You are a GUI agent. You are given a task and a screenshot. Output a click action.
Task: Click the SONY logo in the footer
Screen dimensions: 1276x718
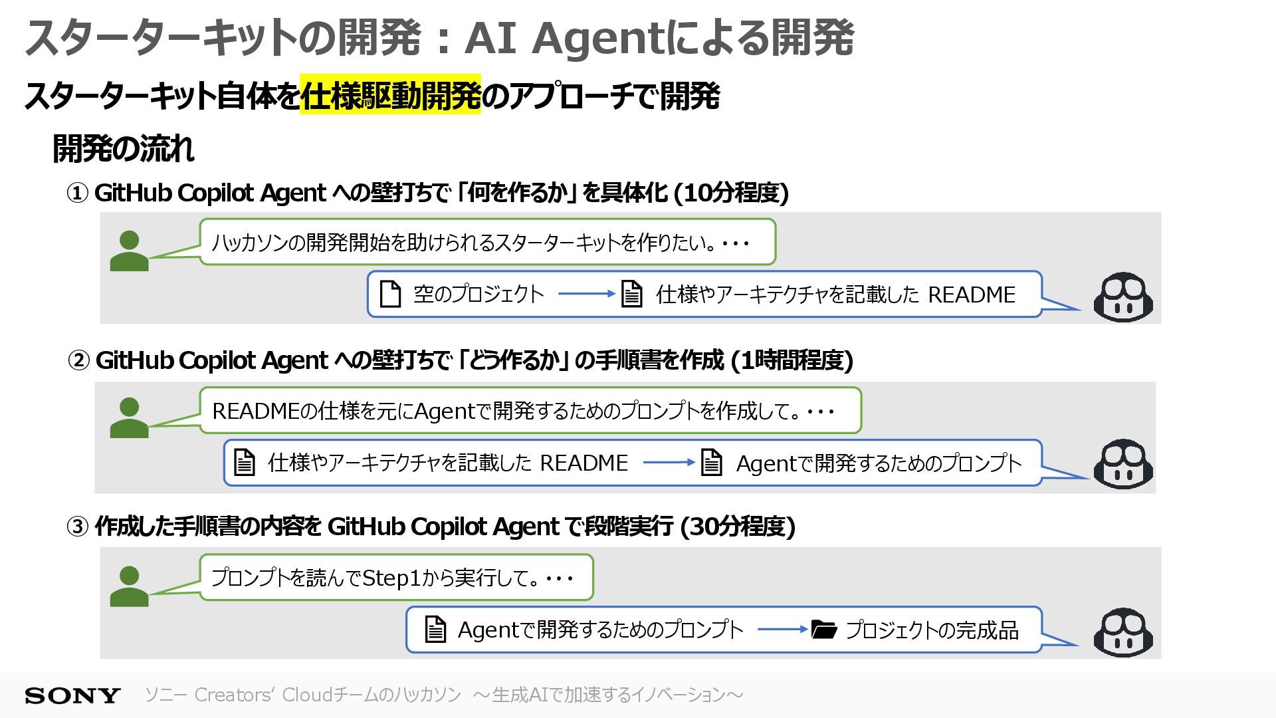(72, 695)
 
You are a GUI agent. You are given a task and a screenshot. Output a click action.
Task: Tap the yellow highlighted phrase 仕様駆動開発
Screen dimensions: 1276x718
(390, 96)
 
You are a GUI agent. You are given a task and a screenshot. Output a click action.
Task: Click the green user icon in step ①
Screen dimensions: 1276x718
(129, 251)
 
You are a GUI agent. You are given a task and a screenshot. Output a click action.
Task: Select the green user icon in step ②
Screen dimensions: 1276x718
(129, 418)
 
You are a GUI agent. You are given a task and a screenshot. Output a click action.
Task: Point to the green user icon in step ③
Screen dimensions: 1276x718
(129, 586)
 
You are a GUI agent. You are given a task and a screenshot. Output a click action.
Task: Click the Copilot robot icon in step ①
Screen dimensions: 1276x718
(1123, 297)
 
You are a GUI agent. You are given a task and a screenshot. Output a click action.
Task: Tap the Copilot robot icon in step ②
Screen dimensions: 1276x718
(1123, 464)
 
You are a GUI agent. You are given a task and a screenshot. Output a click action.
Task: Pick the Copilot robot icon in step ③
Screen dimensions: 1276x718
(1123, 632)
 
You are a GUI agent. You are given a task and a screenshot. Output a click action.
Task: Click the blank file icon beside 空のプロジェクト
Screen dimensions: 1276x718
(390, 294)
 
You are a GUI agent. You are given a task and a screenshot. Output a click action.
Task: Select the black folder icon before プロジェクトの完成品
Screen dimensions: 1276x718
(823, 630)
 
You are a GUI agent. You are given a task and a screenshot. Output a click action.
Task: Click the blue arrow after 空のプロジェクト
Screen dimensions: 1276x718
(586, 294)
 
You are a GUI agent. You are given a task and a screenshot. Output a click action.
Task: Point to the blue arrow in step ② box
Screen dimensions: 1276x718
(669, 462)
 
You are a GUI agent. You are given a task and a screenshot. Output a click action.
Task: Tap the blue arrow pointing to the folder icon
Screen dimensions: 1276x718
(782, 629)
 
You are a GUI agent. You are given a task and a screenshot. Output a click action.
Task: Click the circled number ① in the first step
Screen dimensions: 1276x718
(77, 193)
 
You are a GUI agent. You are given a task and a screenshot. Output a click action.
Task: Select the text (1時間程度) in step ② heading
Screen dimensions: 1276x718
(792, 360)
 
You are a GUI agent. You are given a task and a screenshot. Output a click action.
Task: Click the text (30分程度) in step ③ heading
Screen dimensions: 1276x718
(738, 527)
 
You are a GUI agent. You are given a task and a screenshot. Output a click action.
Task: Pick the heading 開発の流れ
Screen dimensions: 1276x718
(124, 148)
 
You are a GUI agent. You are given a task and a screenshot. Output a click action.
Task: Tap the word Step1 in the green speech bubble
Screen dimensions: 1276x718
(392, 578)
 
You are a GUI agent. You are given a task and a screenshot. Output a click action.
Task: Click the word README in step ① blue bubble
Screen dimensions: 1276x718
(971, 295)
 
